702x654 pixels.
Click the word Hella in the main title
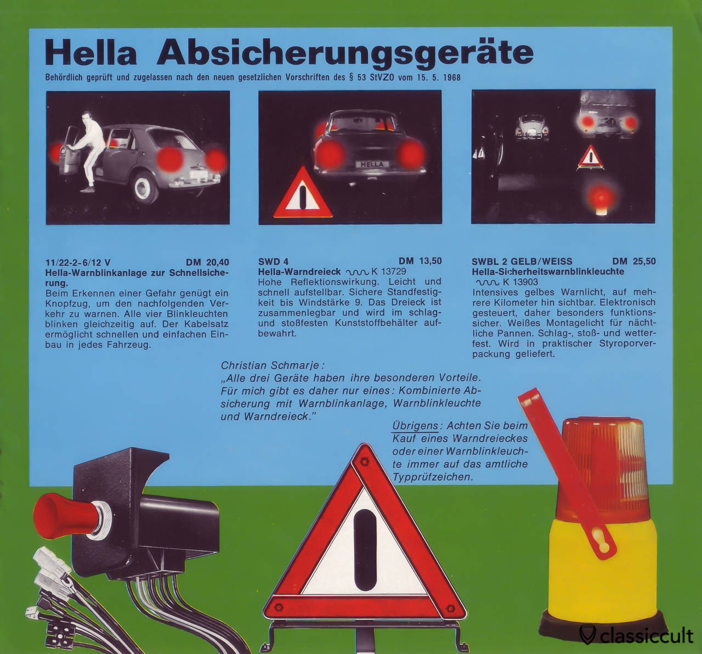point(91,53)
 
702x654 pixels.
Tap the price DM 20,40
point(207,262)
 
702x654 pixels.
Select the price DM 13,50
point(420,261)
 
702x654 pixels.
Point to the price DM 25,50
point(634,261)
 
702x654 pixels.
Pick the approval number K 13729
point(388,271)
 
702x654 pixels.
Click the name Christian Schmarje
point(271,365)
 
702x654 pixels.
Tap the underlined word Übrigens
point(415,426)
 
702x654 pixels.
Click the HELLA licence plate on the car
point(372,165)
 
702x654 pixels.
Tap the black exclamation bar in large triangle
point(364,550)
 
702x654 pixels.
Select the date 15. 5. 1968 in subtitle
point(439,77)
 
